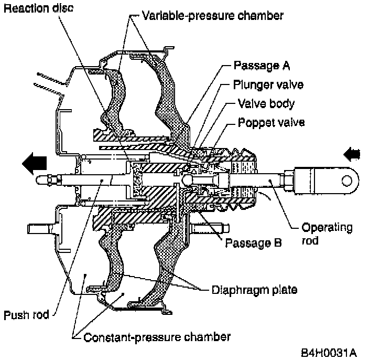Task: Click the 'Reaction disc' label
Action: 39,8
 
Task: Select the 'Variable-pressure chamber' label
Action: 213,16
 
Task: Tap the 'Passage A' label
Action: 262,66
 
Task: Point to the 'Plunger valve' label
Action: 268,85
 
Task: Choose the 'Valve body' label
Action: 266,104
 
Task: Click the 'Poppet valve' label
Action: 271,122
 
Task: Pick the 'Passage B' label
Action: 254,242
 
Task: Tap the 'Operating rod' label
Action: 327,234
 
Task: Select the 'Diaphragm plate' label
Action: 254,290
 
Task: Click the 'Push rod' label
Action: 26,315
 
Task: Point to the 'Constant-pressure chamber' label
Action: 157,337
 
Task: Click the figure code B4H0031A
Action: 329,353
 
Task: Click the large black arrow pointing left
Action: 35,163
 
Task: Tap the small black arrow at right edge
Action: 352,155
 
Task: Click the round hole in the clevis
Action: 346,181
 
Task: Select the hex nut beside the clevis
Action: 287,181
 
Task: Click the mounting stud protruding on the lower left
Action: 41,229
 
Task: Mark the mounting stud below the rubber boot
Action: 210,228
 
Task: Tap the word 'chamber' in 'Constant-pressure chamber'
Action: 207,337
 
